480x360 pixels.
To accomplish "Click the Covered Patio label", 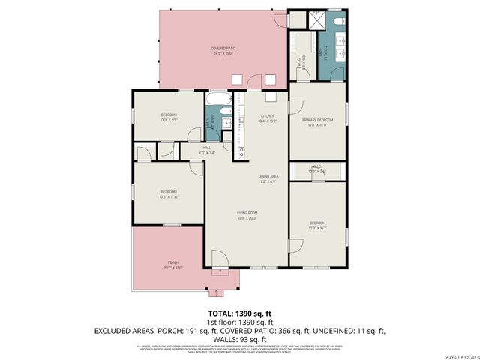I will pos(223,48).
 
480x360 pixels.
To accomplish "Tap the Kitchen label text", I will pos(268,115).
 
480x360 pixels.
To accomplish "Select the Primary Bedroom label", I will pos(317,120).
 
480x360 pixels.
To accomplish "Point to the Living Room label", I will pos(247,214).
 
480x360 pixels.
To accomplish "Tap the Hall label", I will pos(206,148).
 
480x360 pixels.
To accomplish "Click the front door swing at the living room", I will pos(219,259).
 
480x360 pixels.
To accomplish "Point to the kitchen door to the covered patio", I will pos(256,79).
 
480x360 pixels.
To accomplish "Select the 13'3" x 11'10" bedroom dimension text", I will pos(168,197).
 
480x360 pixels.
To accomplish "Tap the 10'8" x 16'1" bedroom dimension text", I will pos(318,228).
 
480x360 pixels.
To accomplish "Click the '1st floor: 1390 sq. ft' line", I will pos(239,320).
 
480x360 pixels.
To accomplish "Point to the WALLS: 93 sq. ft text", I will pos(239,338).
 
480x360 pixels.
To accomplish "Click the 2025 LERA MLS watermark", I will pos(459,355).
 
